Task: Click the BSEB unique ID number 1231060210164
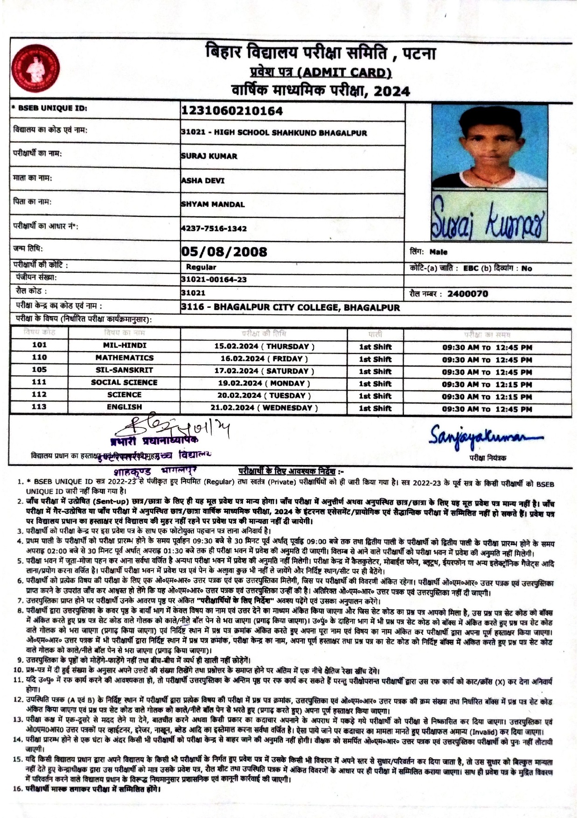(x=232, y=111)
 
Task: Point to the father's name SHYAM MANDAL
(x=213, y=204)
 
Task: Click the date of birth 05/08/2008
(x=224, y=252)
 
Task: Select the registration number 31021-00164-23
(x=214, y=279)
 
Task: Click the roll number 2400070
(x=467, y=294)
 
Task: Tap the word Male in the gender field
(x=439, y=252)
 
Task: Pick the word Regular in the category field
(x=201, y=267)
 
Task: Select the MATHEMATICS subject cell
(x=125, y=358)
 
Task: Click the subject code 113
(x=40, y=407)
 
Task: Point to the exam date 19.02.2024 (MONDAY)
(x=265, y=383)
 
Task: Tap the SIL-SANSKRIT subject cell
(x=125, y=370)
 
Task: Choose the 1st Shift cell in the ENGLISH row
(x=375, y=408)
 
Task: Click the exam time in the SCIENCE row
(x=487, y=397)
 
